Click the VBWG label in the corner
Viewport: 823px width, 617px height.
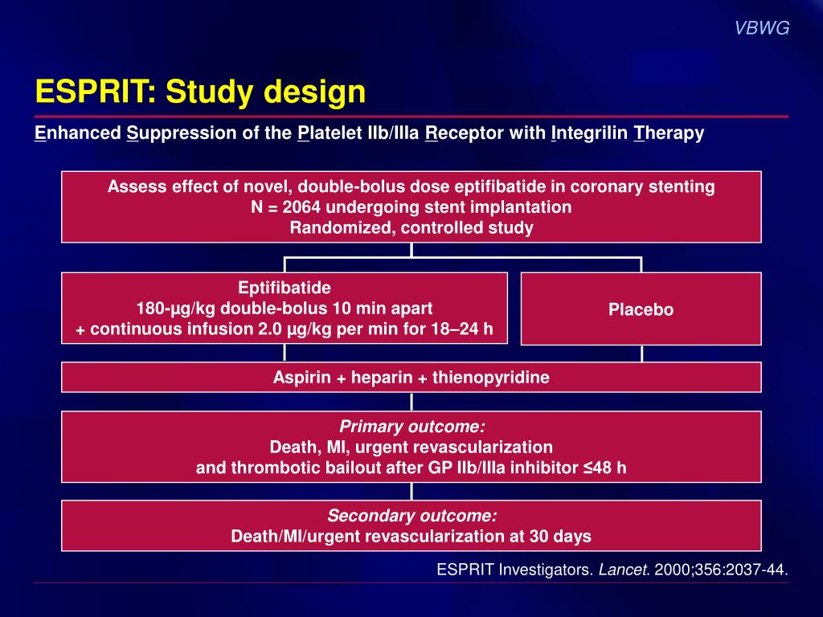pos(762,28)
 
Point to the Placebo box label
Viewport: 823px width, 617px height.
pos(641,309)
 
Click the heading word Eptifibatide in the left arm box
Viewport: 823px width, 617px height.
pos(285,288)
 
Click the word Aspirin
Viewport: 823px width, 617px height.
pos(301,378)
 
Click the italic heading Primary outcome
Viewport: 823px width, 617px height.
pos(411,427)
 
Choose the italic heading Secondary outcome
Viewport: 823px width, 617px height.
pos(411,516)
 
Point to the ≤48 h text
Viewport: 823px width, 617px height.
pos(604,468)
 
